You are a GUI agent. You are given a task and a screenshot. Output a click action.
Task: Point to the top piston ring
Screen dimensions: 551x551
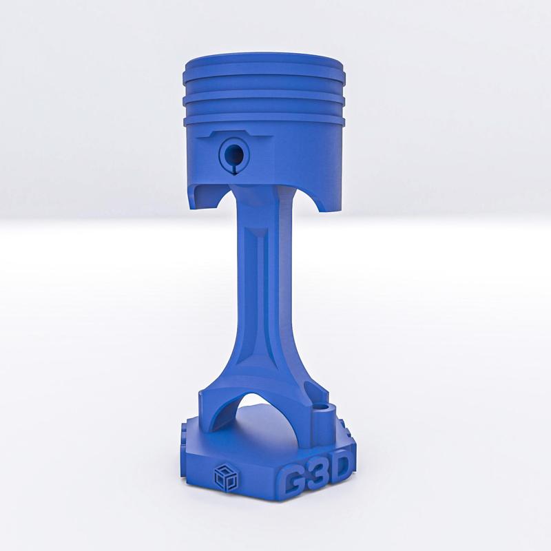tap(265, 76)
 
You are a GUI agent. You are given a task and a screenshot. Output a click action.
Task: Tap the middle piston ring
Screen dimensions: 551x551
tap(265, 96)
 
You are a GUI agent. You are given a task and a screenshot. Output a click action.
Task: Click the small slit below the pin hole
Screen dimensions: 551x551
tap(233, 167)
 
